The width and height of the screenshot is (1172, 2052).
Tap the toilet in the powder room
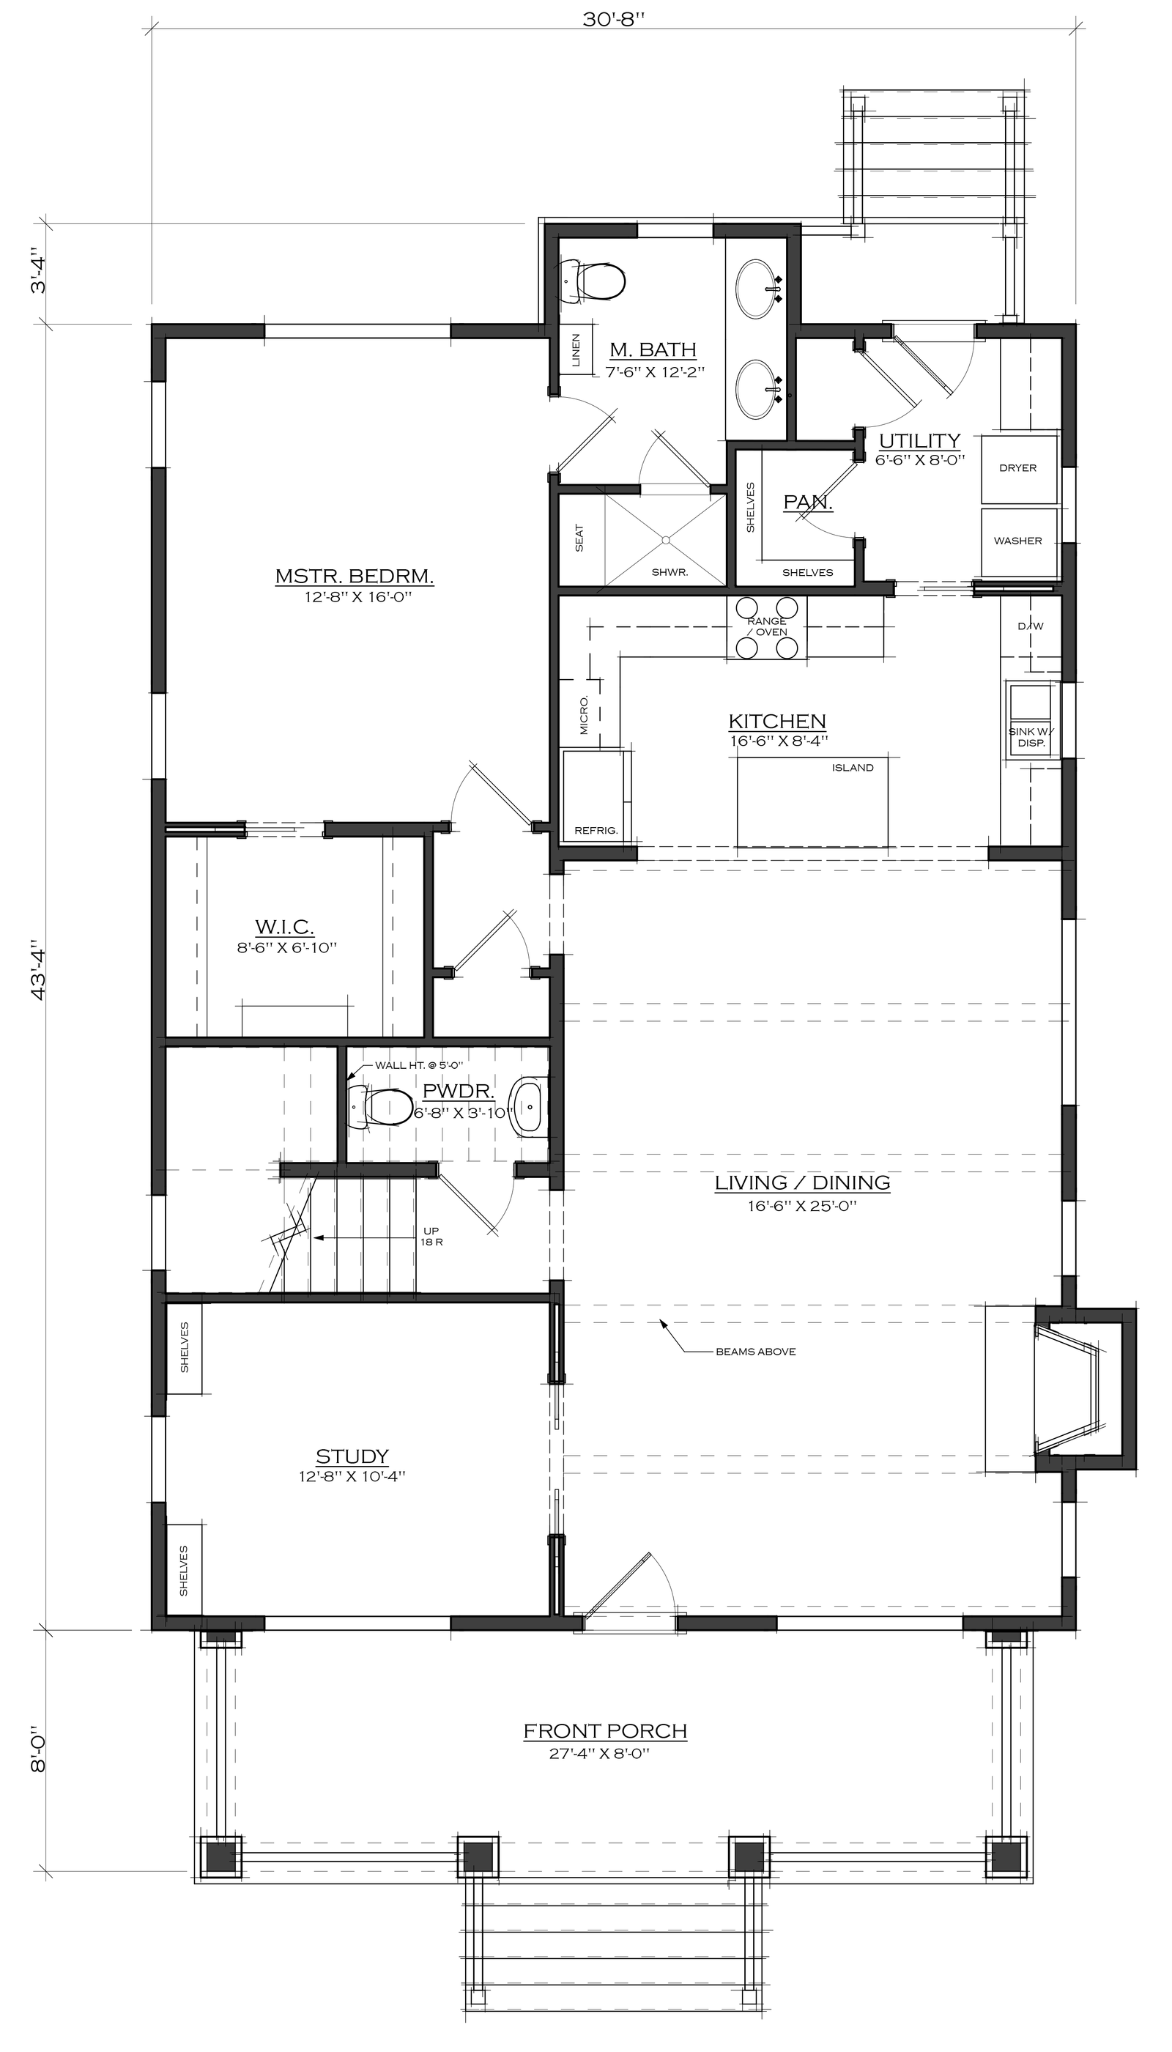(x=380, y=1106)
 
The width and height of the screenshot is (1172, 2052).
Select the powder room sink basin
(x=529, y=1108)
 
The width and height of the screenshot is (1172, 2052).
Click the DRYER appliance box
(x=1018, y=467)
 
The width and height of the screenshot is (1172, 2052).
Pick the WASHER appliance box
(x=1018, y=541)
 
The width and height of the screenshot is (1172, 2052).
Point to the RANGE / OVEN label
(x=767, y=626)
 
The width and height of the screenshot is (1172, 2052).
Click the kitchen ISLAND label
(x=853, y=768)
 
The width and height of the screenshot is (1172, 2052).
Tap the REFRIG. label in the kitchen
(x=596, y=831)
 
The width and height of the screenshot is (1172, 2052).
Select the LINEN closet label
(x=576, y=351)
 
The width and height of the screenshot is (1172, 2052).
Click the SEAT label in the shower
(x=579, y=538)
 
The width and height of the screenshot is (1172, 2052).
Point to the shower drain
(x=665, y=538)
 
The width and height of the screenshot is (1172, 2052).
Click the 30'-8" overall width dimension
(x=614, y=19)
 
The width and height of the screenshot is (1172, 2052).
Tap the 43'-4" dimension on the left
(x=38, y=969)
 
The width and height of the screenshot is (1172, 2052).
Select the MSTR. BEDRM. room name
(x=355, y=577)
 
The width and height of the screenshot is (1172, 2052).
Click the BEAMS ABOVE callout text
(x=756, y=1352)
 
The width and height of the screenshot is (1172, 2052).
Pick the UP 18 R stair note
(x=431, y=1237)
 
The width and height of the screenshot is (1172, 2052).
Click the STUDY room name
(x=352, y=1456)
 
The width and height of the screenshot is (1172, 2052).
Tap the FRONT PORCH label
(x=605, y=1731)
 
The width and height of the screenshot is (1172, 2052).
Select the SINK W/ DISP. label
(x=1031, y=738)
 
